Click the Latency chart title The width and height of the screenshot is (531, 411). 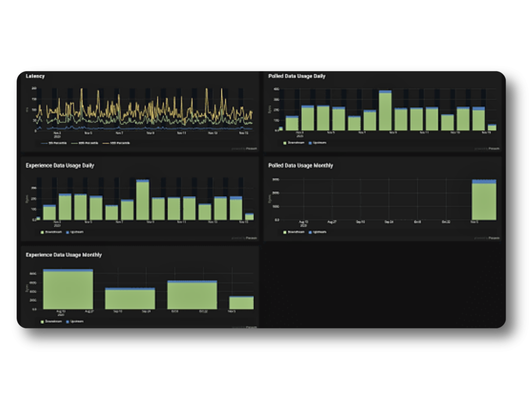point(35,76)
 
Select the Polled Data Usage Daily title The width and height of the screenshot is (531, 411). point(297,76)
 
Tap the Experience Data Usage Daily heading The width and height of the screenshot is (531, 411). point(60,166)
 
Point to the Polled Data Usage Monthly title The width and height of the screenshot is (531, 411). point(301,166)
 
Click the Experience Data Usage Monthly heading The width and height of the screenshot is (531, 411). point(64,255)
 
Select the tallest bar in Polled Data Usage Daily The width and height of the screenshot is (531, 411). point(385,111)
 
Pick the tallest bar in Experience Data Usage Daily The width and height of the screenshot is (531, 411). point(143,200)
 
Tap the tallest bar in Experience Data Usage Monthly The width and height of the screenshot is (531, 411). point(68,289)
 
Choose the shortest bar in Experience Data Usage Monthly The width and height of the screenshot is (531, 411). point(241,303)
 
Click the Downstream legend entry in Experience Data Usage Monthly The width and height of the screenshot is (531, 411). point(51,321)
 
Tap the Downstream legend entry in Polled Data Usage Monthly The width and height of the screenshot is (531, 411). point(294,232)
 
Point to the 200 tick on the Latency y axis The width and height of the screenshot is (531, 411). point(34,88)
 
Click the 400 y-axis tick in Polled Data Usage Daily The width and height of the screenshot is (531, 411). point(277,89)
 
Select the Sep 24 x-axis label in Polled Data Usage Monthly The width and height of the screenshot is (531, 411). point(389,222)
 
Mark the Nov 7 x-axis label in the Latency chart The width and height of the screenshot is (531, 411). point(119,133)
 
